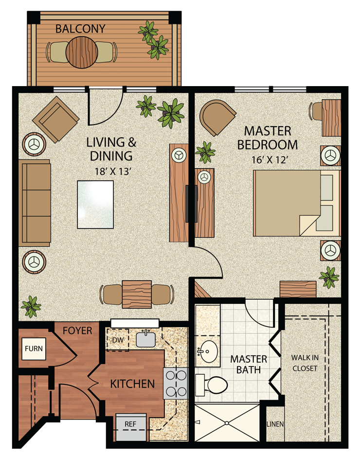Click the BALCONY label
click(80, 29)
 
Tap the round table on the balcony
click(82, 52)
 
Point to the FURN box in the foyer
click(34, 348)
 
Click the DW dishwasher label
click(117, 340)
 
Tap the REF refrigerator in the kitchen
click(130, 424)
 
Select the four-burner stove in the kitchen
click(176, 383)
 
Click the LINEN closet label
click(275, 424)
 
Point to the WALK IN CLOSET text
click(305, 363)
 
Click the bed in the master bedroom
click(294, 201)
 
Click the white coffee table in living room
click(95, 204)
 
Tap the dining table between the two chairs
click(137, 294)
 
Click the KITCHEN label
click(132, 384)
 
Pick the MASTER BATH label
click(249, 365)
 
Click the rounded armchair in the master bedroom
click(217, 117)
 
